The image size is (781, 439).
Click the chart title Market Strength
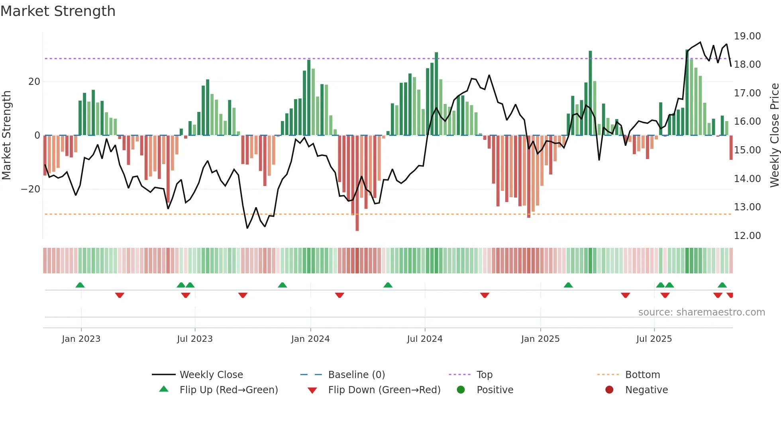point(58,11)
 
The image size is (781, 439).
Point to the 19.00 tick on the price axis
point(747,36)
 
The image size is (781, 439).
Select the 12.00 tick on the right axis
point(747,236)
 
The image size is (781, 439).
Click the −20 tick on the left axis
point(31,189)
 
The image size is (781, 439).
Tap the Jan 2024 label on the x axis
point(310,339)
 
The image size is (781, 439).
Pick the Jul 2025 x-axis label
point(654,339)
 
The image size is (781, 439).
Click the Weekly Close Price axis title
point(774,135)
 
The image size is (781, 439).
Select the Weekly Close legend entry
point(211,375)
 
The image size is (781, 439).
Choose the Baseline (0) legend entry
point(356,375)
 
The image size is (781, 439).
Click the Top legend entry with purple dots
point(484,375)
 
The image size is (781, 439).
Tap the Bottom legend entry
point(642,375)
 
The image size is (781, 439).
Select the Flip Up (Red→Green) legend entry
point(228,390)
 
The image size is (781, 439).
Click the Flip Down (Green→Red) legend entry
point(384,390)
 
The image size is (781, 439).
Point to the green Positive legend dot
point(461,390)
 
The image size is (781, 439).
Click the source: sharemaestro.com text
point(701,312)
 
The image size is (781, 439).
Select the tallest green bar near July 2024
point(436,94)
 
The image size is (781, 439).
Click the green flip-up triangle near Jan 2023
point(80,285)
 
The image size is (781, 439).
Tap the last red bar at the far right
point(731,147)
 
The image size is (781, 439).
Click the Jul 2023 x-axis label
point(195,339)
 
